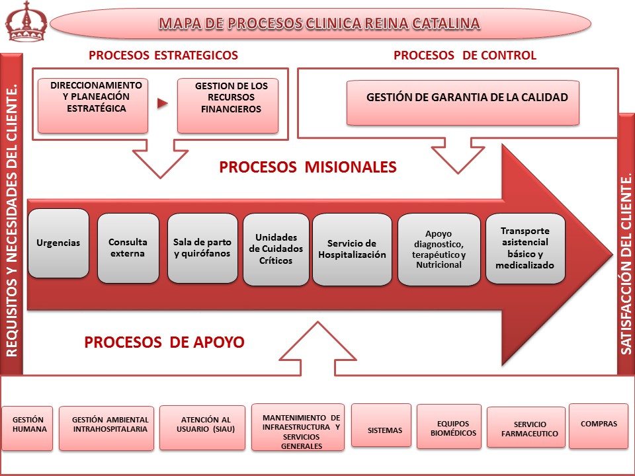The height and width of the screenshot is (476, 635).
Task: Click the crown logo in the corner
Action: tap(26, 21)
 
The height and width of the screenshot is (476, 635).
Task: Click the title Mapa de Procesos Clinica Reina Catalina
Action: tap(319, 24)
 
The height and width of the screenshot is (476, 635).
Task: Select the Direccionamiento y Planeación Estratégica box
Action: tap(93, 106)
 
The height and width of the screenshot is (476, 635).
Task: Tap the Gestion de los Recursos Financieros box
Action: tap(228, 106)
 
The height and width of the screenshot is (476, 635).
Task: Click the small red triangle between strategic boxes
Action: tap(162, 104)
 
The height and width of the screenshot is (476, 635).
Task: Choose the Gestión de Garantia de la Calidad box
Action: tap(463, 102)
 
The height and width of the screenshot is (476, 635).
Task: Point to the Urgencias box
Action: tap(58, 243)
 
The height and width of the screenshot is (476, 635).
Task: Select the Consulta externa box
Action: tap(128, 248)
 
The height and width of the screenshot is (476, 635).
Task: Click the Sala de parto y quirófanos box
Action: tap(202, 248)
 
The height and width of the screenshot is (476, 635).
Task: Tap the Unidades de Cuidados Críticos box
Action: tap(276, 249)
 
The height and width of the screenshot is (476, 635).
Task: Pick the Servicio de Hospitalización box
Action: tap(352, 249)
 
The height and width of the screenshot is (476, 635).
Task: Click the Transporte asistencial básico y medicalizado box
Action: tap(525, 249)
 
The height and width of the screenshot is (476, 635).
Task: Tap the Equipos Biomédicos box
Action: tap(449, 426)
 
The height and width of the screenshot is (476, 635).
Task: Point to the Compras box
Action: tap(598, 426)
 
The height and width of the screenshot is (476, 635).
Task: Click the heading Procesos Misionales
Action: tap(308, 167)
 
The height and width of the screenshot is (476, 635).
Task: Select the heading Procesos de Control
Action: tap(464, 56)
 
